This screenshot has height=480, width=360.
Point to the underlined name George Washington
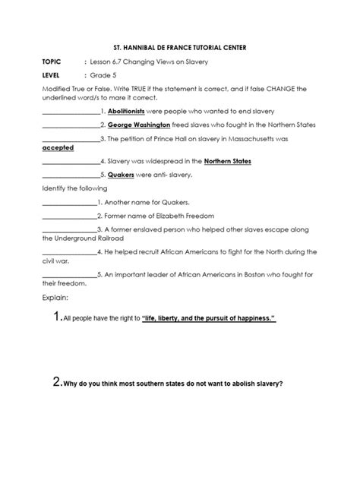pos(139,124)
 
